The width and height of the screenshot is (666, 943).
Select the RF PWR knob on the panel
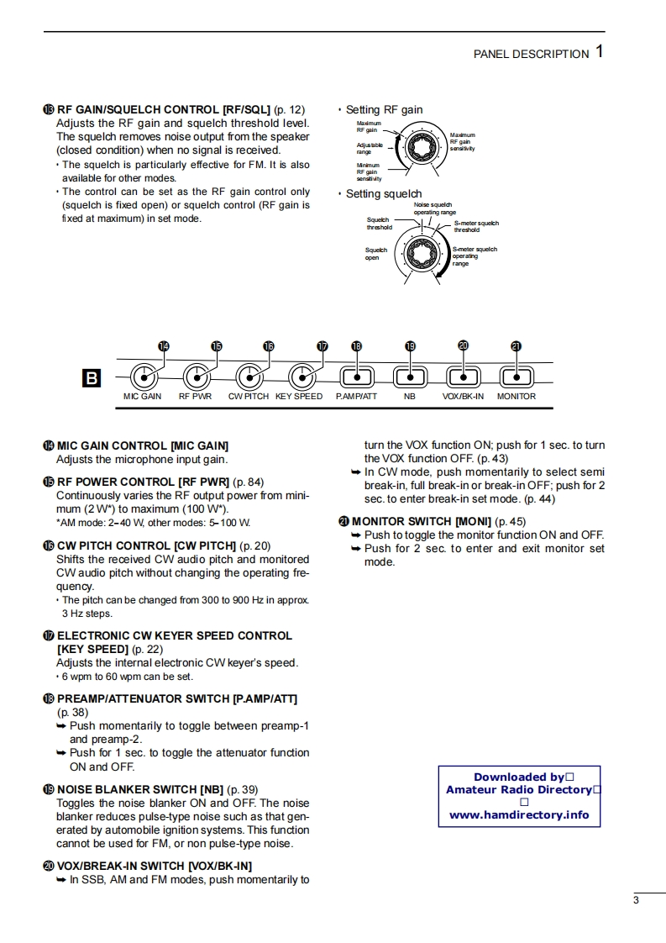coord(197,377)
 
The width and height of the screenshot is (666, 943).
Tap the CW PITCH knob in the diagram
coord(249,377)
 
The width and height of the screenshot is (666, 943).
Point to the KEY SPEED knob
coord(302,377)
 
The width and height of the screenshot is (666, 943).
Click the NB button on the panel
coord(409,377)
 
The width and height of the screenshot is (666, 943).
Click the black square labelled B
coord(91,378)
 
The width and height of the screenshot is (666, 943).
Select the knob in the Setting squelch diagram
coord(418,253)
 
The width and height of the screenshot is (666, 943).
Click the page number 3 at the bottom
coord(637,901)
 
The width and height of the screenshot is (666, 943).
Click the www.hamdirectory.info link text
coord(519,814)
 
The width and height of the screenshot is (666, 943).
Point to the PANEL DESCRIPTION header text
coord(531,54)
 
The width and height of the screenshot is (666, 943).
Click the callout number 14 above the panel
coord(163,345)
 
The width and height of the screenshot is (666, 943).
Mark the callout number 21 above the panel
coord(516,345)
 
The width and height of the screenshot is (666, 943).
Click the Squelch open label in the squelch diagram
coord(375,253)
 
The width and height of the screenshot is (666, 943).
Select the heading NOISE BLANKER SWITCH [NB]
coord(139,789)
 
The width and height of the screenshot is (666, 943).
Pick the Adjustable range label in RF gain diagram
coord(370,148)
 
